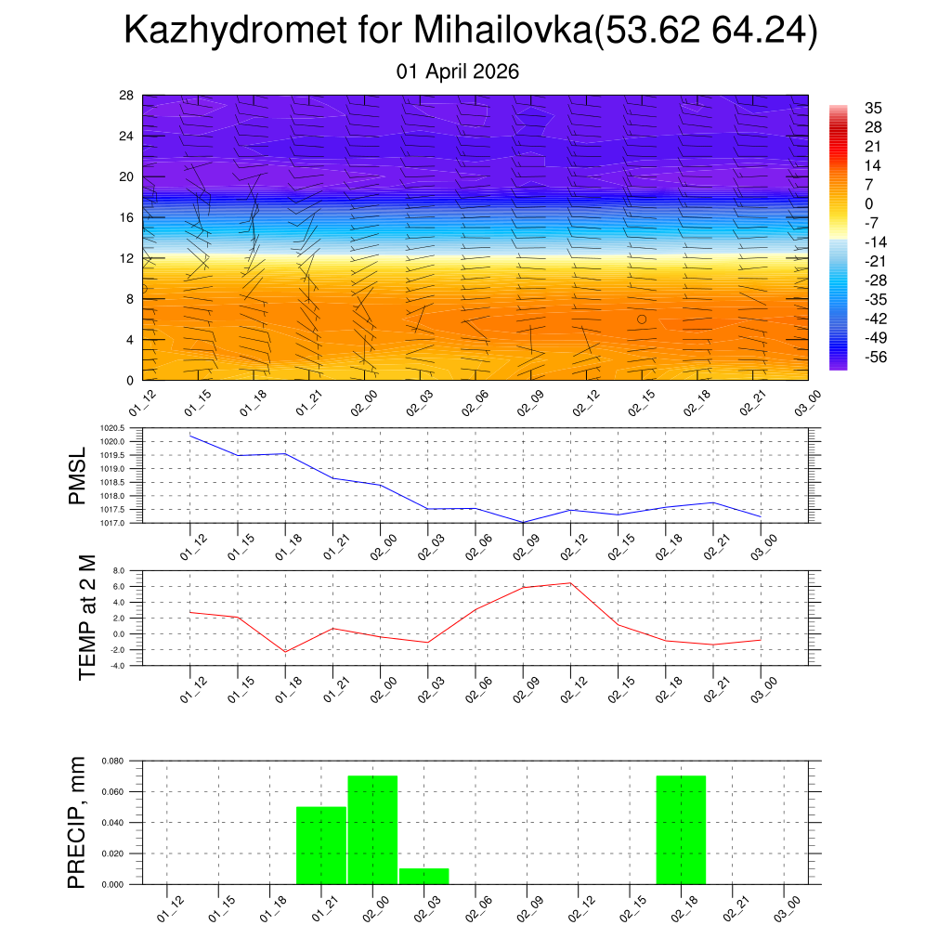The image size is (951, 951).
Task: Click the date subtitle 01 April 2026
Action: point(458,72)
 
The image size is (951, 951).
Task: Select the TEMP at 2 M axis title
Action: point(87,618)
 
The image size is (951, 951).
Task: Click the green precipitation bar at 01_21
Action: point(321,846)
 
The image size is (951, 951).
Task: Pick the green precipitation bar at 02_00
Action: point(372,830)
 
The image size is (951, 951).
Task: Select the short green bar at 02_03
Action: point(424,876)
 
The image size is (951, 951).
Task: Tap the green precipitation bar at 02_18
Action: point(681,830)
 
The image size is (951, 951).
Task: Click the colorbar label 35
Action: point(872,107)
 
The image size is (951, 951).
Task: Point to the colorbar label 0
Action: point(868,203)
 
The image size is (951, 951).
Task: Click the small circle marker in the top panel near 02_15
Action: point(642,319)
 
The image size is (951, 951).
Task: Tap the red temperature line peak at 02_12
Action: point(570,583)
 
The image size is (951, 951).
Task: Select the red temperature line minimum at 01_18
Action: point(285,651)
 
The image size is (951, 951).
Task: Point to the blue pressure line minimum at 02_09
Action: point(522,522)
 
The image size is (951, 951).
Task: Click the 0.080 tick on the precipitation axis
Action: point(111,761)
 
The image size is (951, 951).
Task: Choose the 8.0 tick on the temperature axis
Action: point(118,570)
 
